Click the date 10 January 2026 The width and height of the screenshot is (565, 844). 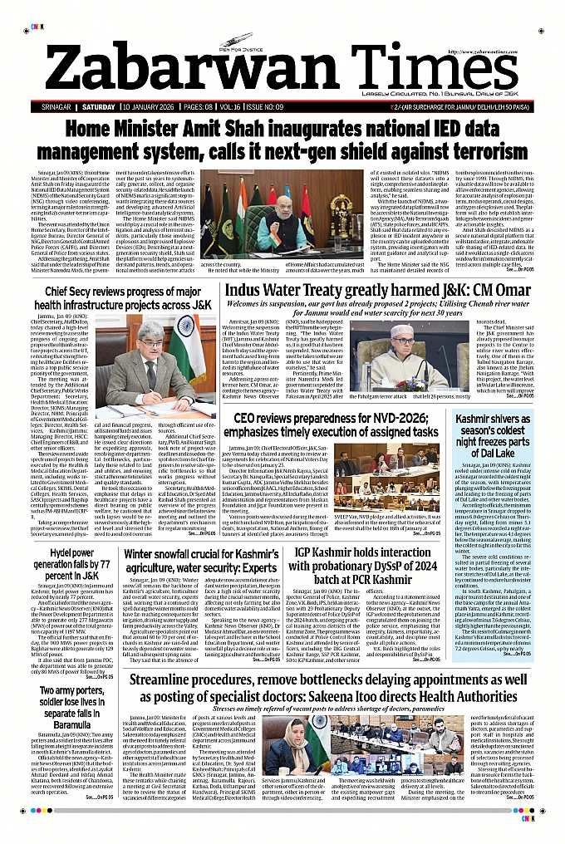coord(154,107)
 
